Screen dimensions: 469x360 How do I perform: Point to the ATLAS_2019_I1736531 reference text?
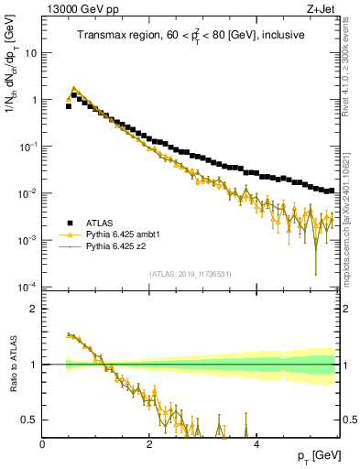point(190,275)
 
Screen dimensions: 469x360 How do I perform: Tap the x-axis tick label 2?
point(149,443)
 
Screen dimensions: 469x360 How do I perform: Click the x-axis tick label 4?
point(256,443)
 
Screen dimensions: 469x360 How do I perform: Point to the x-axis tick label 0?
point(42,443)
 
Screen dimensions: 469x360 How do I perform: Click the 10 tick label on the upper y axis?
point(31,52)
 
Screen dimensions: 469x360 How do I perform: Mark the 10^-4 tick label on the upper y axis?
point(27,287)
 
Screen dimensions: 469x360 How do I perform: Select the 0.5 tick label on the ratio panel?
point(29,420)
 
